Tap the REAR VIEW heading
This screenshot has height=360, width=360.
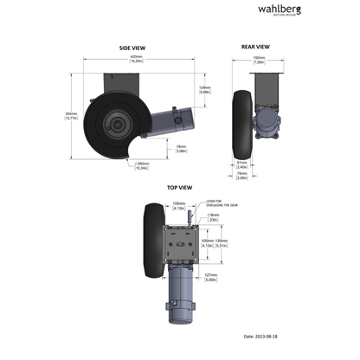click(259, 48)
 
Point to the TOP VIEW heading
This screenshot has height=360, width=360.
click(179, 187)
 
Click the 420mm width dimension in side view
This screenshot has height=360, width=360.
click(136, 58)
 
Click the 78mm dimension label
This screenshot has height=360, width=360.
click(183, 148)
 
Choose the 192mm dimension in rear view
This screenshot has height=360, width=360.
click(259, 61)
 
